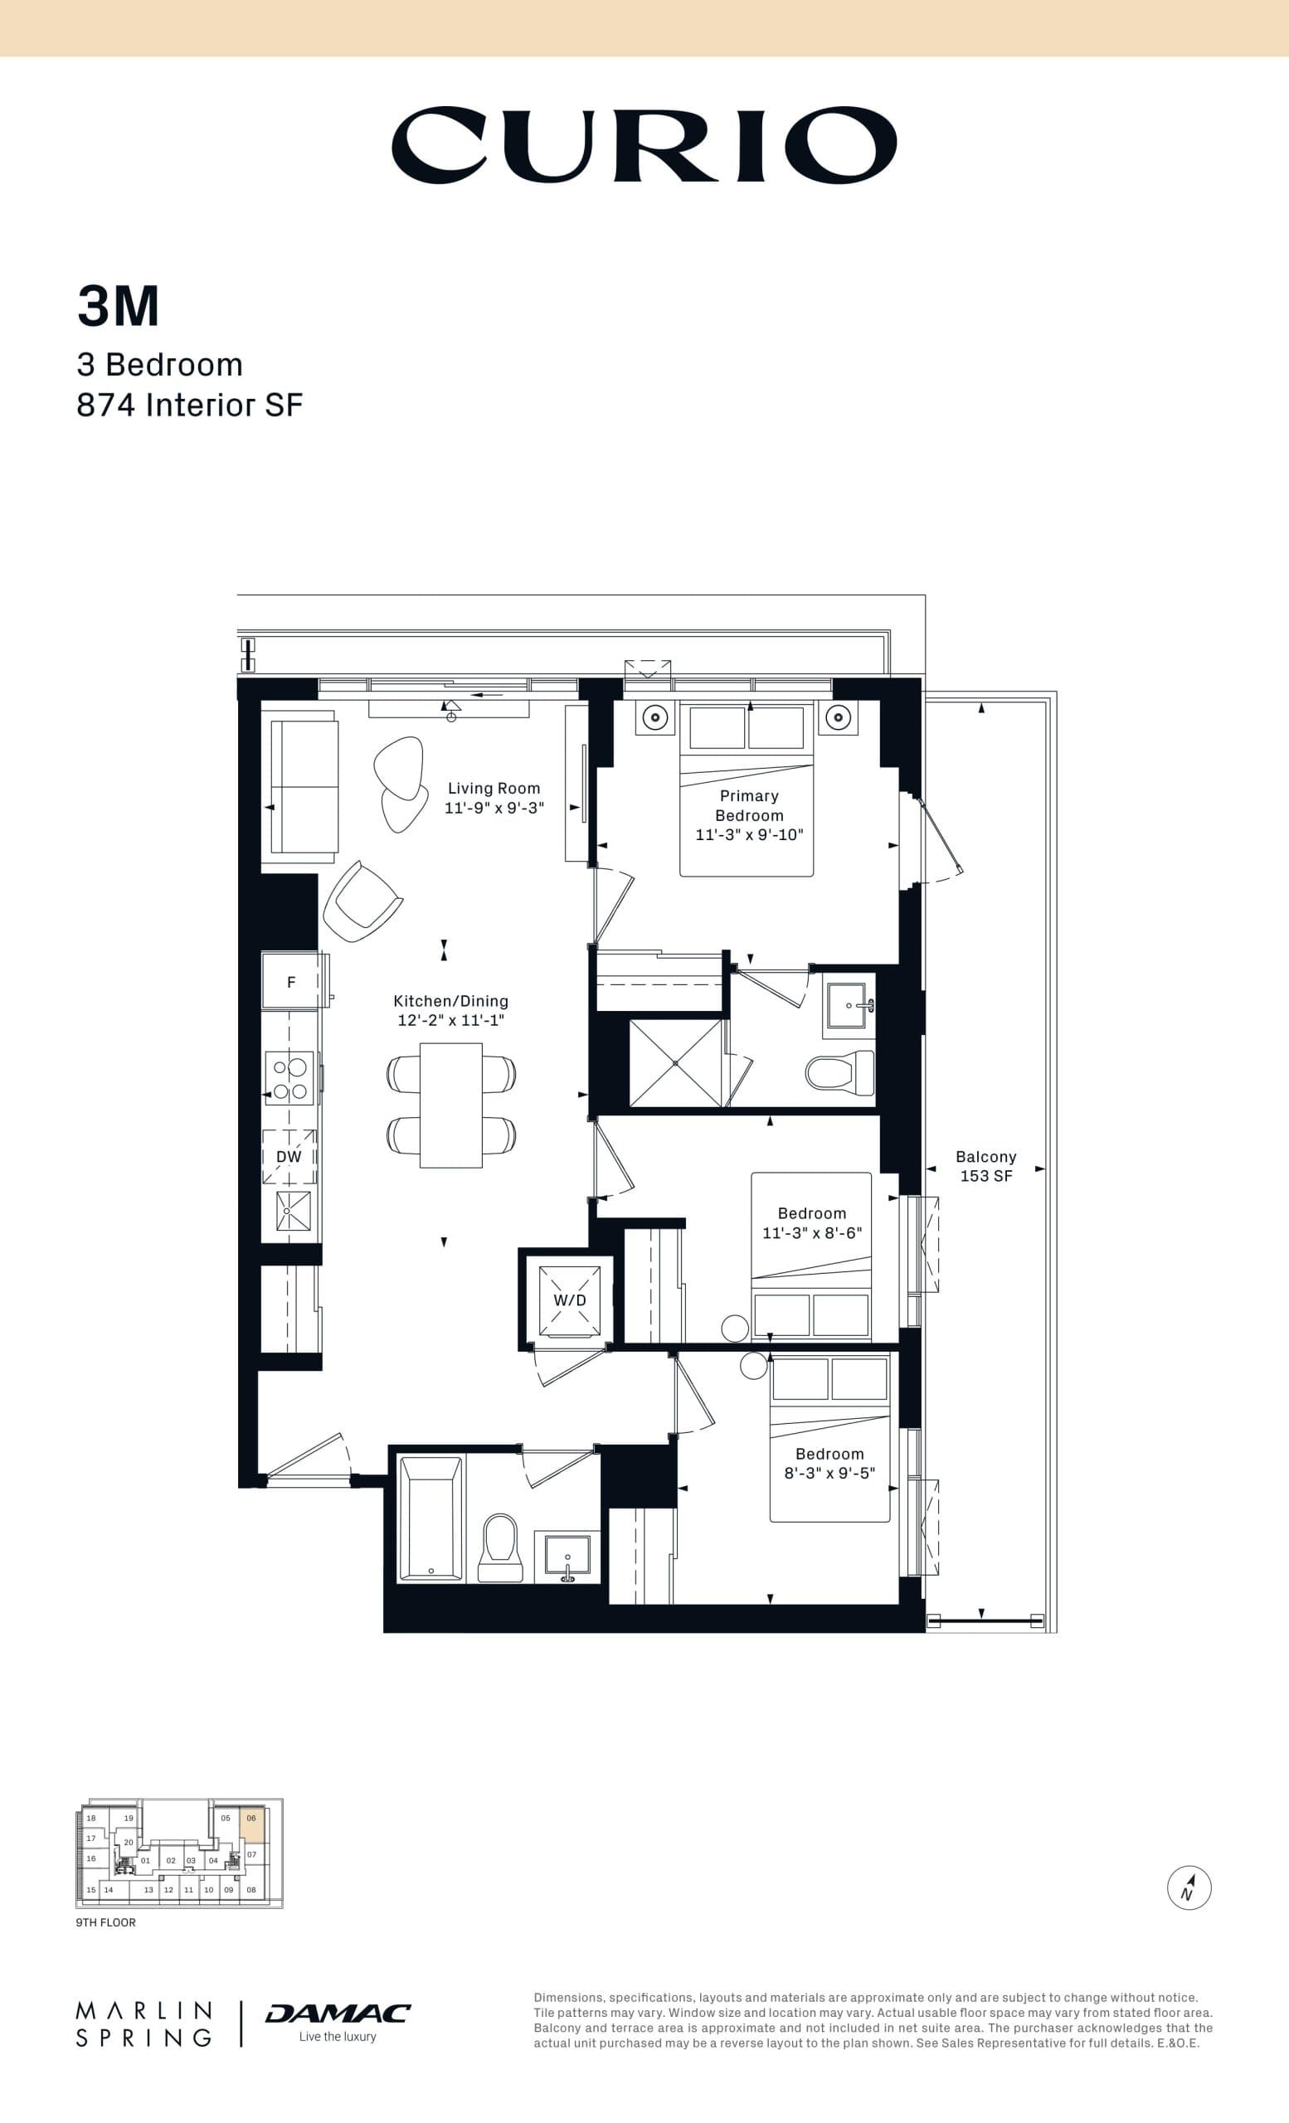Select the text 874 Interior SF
(190, 405)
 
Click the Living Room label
(494, 789)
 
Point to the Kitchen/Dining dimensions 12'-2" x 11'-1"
(450, 1020)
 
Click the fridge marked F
(291, 981)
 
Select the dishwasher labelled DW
(289, 1157)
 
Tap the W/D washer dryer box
(570, 1300)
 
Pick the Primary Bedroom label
(749, 805)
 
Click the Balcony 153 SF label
(985, 1166)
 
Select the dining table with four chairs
(450, 1105)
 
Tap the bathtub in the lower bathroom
(430, 1518)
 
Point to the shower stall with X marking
(675, 1063)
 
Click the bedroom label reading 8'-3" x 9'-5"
(829, 1473)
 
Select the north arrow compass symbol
(1189, 1887)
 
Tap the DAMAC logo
(338, 2014)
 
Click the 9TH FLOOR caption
(105, 1922)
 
